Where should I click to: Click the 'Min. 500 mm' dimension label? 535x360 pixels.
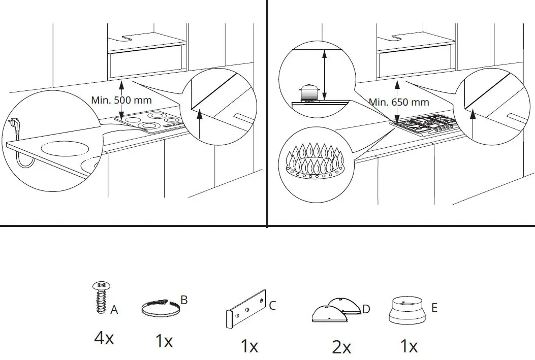(x=121, y=100)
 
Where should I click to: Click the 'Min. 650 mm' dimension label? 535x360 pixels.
(x=399, y=102)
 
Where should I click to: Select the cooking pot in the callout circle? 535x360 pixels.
(x=308, y=93)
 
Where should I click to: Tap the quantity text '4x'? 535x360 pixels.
(x=104, y=338)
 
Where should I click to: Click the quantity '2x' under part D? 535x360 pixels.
(x=341, y=347)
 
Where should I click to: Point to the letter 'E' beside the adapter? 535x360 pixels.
(x=433, y=307)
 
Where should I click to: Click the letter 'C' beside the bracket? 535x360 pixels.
(x=272, y=306)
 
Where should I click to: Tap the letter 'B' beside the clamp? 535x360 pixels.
(x=184, y=300)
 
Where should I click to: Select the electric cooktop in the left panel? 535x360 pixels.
(x=150, y=123)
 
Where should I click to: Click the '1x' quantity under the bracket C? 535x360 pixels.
(x=249, y=347)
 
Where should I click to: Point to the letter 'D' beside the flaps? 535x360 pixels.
(x=366, y=309)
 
